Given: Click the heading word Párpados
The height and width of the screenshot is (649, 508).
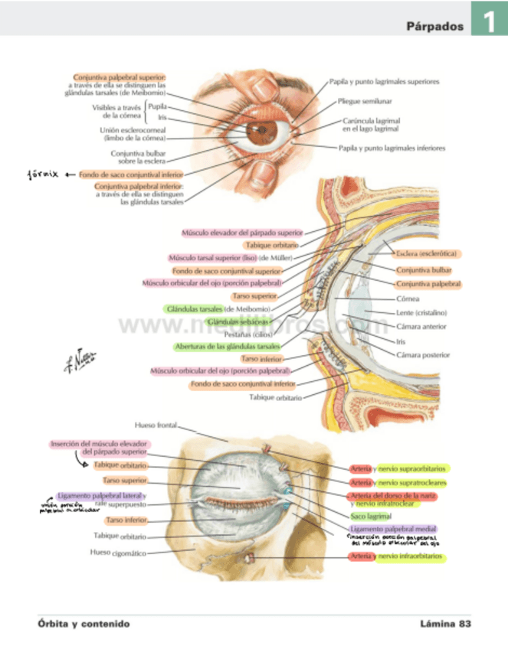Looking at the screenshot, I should [x=435, y=26].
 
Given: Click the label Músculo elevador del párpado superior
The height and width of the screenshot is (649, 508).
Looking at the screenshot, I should [x=242, y=232].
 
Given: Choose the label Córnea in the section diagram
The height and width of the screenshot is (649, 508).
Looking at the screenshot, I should [x=407, y=298].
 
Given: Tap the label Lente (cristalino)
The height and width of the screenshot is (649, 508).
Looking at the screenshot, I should [x=421, y=312].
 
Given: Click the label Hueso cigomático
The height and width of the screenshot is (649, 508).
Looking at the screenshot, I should [x=118, y=552].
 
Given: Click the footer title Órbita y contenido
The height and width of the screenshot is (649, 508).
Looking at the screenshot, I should [x=84, y=624].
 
